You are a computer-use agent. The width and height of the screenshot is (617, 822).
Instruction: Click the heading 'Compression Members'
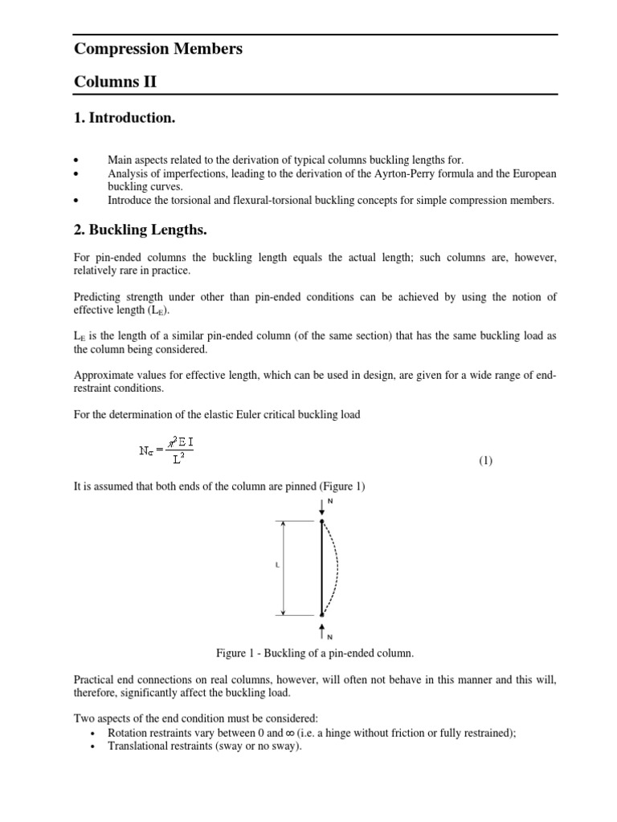pyautogui.click(x=157, y=49)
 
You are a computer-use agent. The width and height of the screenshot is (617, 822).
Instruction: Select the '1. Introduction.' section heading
pyautogui.click(x=125, y=118)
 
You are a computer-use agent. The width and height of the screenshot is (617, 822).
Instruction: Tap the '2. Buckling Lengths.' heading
pyautogui.click(x=141, y=230)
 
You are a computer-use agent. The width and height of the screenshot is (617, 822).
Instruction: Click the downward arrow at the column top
pyautogui.click(x=321, y=508)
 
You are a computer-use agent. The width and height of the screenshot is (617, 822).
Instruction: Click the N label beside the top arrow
pyautogui.click(x=329, y=502)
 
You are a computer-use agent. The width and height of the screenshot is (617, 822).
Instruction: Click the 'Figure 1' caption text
pyautogui.click(x=313, y=653)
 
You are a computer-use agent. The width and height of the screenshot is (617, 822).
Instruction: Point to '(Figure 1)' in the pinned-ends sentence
pyautogui.click(x=336, y=486)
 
